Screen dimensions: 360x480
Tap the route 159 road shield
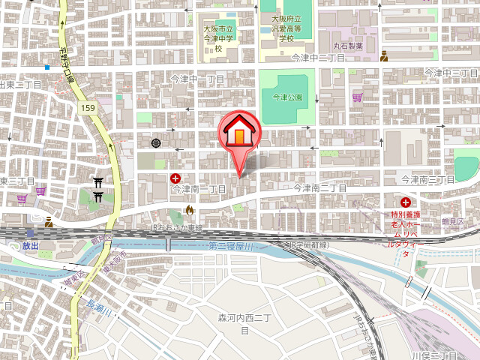[88, 109]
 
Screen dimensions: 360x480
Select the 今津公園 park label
[287, 97]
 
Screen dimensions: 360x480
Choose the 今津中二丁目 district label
[318, 57]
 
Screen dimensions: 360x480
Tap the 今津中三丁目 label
[451, 73]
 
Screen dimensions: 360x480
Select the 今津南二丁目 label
[319, 188]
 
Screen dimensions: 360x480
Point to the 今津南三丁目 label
[427, 180]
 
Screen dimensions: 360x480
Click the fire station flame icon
[189, 210]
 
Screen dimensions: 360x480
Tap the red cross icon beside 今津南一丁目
[175, 178]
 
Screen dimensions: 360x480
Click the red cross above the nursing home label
[406, 202]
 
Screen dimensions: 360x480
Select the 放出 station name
[30, 245]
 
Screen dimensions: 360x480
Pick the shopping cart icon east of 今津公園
[357, 97]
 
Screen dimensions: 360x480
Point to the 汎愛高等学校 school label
[286, 28]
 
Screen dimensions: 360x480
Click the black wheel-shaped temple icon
[156, 142]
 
